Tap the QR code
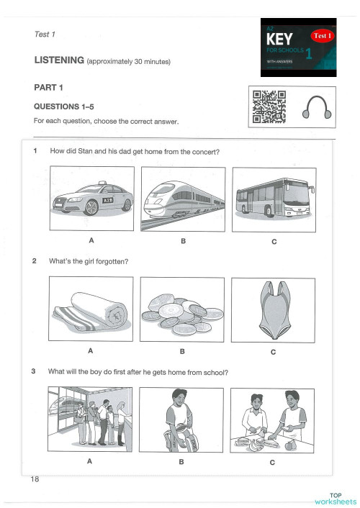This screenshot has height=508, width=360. [269, 106]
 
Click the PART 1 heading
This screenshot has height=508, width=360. [49, 88]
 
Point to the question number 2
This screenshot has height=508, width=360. [35, 261]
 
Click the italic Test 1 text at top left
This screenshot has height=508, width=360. [45, 34]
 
